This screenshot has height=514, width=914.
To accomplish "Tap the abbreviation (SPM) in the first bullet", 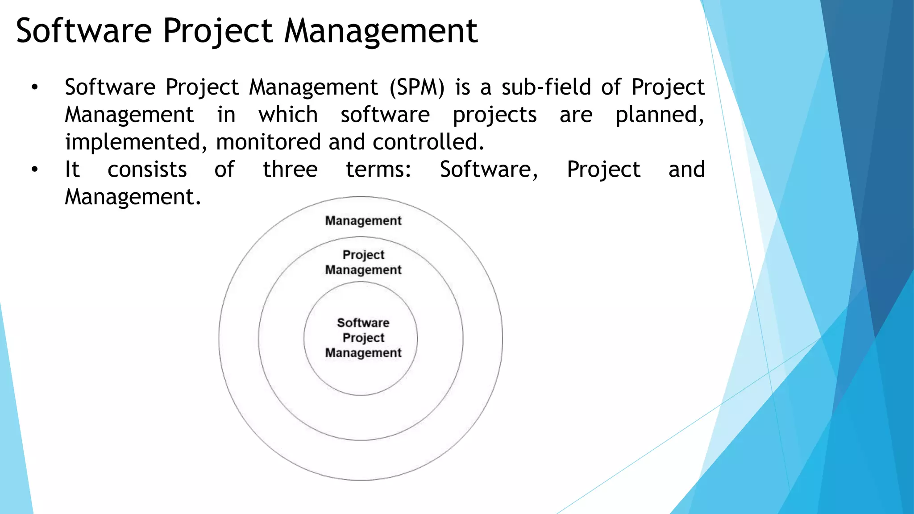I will point(417,87).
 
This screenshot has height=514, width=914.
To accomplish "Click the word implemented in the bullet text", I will point(136,142).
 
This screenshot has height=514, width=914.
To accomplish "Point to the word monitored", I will point(268,142).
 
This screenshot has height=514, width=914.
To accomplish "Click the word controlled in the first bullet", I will point(428,142).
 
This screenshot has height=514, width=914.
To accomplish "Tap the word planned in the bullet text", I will point(659,115).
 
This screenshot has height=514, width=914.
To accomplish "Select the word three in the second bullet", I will point(290,170).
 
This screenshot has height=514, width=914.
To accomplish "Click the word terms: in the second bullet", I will point(378,170).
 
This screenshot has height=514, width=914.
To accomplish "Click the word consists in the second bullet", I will point(147,170).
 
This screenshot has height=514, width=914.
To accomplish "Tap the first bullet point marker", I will point(35,87).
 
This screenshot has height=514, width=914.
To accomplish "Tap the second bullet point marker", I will point(35,170).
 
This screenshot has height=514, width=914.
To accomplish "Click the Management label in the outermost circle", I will point(363,220).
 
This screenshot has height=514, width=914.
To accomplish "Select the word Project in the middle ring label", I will point(363,255).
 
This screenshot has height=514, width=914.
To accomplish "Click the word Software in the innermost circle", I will point(363,323).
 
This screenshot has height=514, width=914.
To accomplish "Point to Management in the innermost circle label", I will point(363,352).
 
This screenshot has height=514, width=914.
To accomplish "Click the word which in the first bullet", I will point(288,115).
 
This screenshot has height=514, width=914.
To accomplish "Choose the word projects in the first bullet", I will point(494,115).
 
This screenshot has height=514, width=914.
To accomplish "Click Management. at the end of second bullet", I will point(133,197).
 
